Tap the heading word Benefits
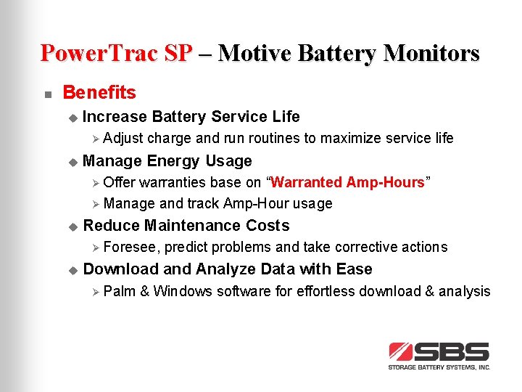[99, 93]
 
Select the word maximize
[352, 138]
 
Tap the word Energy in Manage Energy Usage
[173, 161]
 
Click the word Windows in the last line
[183, 292]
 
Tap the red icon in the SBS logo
[401, 352]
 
